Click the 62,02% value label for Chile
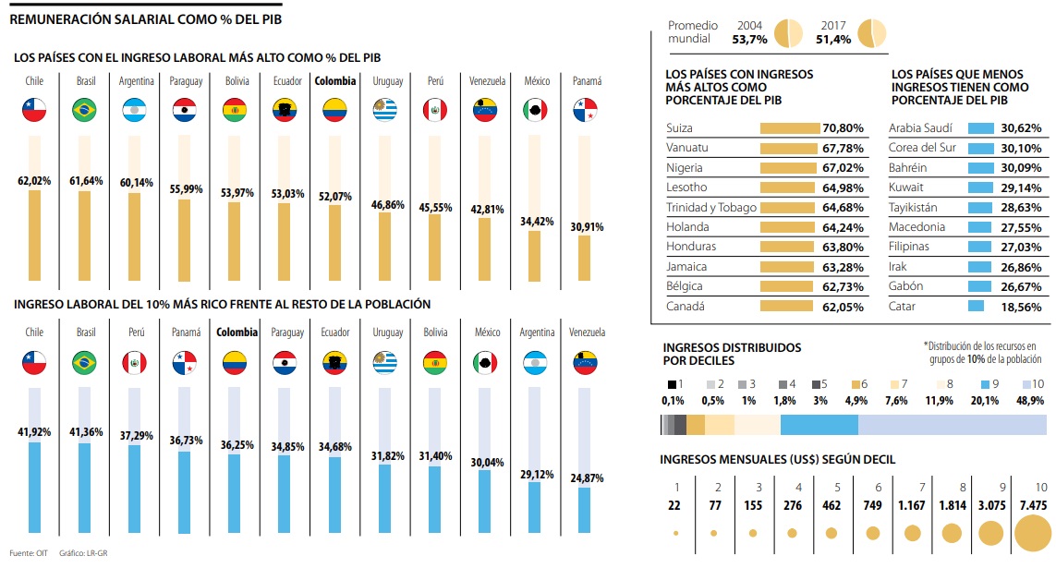tap(34, 181)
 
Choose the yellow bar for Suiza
tap(790, 128)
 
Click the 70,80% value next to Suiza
tap(842, 128)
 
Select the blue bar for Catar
tap(976, 306)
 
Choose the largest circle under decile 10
tap(1032, 533)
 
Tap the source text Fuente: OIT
tap(24, 554)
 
